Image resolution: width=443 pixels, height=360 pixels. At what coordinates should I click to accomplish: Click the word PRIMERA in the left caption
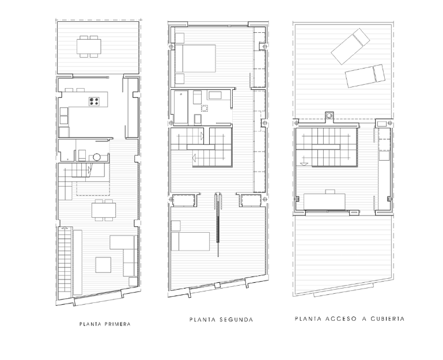click(116, 324)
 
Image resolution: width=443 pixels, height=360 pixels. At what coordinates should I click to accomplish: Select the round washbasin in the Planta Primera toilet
click(97, 156)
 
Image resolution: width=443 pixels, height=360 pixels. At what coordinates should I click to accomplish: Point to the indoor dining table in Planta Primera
click(104, 210)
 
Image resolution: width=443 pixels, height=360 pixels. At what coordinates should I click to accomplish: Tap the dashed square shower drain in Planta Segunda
click(204, 108)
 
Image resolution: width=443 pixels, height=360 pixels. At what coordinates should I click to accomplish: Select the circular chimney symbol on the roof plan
click(330, 115)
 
